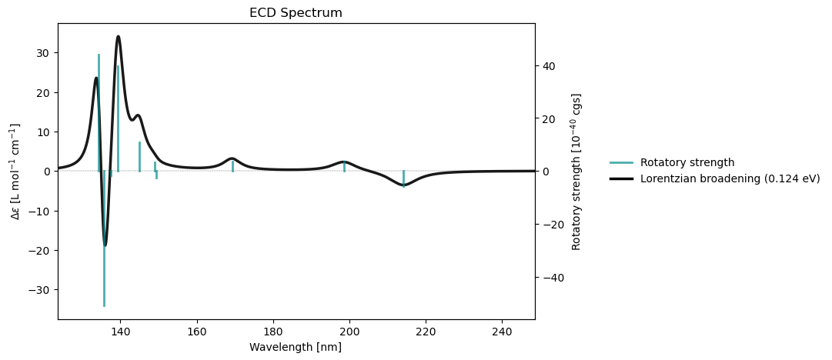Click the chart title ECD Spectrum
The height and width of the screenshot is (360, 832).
coord(296,13)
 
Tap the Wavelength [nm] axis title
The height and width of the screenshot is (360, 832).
coord(296,347)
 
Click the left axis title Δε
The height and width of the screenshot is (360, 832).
coord(16,171)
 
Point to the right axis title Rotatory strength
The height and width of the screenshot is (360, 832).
coord(576,171)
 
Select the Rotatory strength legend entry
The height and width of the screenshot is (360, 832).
coord(687,162)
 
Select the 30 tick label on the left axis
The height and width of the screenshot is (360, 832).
coord(43,53)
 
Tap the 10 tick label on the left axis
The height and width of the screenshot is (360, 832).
coord(43,132)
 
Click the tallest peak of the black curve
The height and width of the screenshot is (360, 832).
coord(118,36)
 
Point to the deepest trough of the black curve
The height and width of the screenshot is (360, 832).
coord(105,245)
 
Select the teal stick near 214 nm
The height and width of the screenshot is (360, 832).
coord(403,178)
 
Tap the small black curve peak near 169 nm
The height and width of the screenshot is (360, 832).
coord(232,158)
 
